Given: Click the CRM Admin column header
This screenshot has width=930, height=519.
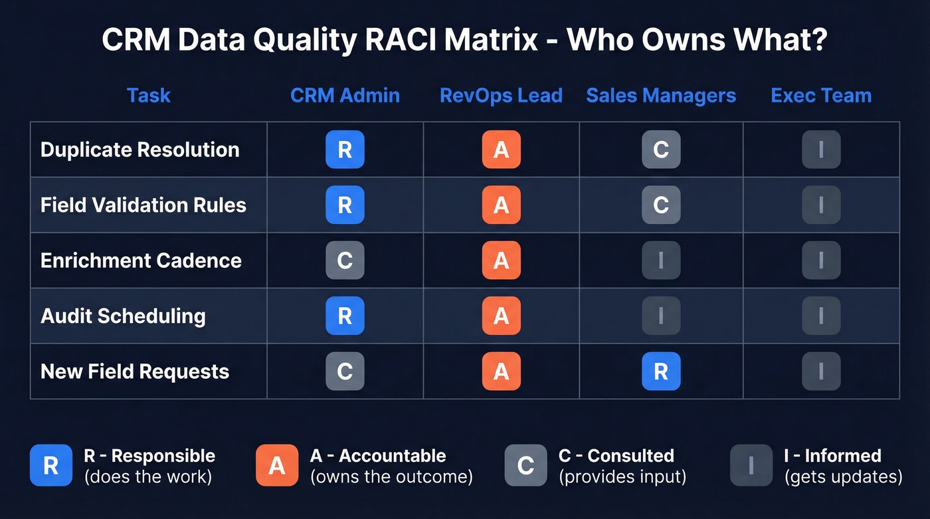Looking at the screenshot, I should click(x=345, y=96).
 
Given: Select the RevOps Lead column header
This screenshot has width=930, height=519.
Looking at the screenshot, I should click(x=501, y=96).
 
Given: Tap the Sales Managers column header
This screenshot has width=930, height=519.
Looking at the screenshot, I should click(x=661, y=96).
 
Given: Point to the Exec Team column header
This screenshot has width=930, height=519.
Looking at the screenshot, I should click(x=821, y=96).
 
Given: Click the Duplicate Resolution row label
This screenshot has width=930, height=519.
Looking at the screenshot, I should click(x=139, y=150).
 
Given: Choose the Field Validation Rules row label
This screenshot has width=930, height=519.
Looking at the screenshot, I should click(x=143, y=205).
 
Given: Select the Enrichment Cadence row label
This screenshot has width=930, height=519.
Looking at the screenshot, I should click(x=141, y=260).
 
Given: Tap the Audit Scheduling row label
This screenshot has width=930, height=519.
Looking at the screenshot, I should click(x=123, y=316).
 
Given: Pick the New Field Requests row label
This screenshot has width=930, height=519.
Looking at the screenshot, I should click(x=135, y=371).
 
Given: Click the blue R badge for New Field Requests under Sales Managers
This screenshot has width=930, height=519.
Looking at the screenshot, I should click(x=661, y=371).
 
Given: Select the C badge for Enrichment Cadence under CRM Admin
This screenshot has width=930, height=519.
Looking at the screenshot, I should click(x=345, y=260).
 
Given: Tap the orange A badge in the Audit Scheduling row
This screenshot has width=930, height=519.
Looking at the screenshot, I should click(x=501, y=316).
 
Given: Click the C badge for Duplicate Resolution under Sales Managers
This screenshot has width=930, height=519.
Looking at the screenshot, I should click(x=661, y=150).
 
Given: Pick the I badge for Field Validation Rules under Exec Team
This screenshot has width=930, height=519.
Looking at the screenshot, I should click(x=821, y=205).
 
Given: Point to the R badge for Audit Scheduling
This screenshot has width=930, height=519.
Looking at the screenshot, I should click(x=345, y=316).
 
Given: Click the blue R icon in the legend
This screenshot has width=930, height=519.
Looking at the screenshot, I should click(x=51, y=465).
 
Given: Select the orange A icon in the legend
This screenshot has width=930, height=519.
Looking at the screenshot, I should click(x=277, y=465).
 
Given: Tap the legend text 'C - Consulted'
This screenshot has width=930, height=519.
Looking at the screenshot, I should click(x=616, y=456).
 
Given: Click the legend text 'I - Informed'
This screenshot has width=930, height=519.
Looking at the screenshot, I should click(x=832, y=456).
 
